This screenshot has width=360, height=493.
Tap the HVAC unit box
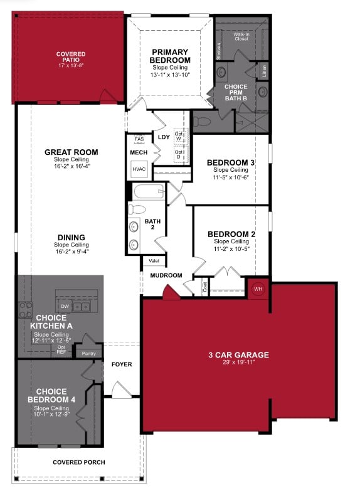coord(139,168)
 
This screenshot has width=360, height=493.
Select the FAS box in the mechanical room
coord(139,139)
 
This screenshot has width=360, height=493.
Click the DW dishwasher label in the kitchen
coord(65,306)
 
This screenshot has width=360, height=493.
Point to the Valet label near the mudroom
coord(153,260)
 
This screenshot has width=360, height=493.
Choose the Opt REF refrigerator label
coord(61,349)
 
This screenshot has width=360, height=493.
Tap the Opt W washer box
coord(179,136)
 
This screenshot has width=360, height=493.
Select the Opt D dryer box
coord(179,154)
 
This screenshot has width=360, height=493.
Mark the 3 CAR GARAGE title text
coord(238,355)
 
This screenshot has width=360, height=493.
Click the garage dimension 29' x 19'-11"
coord(238,363)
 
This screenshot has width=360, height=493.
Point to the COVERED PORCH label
coord(78,462)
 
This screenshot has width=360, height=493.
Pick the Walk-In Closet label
coord(241,36)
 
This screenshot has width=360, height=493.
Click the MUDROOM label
coord(166,275)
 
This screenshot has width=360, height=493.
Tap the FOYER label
coord(122,364)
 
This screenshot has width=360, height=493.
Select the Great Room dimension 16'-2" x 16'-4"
coord(71,166)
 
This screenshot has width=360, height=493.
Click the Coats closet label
coord(205,286)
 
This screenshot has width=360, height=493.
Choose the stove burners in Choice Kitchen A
coord(25,308)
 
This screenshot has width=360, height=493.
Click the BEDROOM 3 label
coord(230,162)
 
